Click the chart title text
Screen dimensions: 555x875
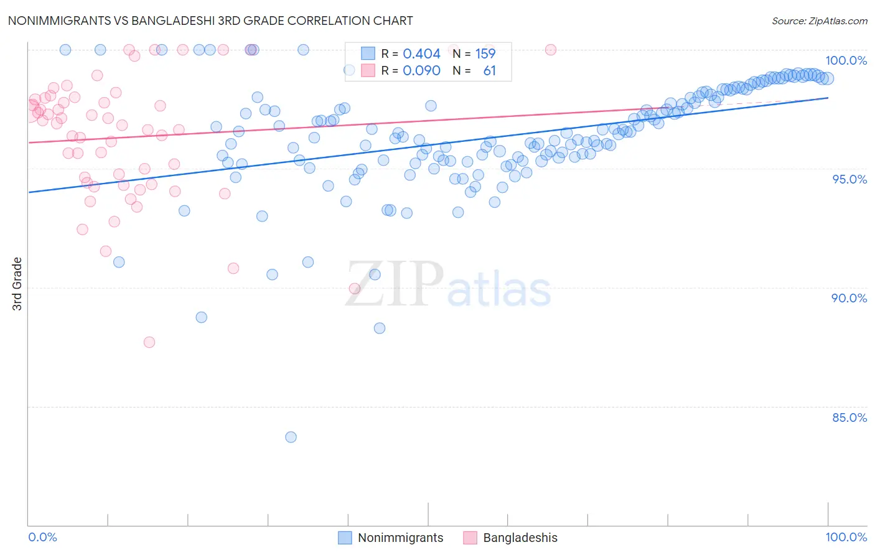(210, 21)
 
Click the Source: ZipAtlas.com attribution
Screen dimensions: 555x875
(819, 21)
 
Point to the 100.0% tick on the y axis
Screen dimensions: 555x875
(846, 60)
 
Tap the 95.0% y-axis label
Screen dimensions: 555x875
(849, 179)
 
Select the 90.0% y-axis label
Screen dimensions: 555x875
(849, 298)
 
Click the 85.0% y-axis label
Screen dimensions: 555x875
(849, 417)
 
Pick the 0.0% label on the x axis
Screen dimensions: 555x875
(42, 537)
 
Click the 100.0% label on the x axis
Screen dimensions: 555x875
(846, 537)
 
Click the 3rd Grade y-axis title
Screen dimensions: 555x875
(17, 284)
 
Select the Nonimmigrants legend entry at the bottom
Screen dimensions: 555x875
(400, 538)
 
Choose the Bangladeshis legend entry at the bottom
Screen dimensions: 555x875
(520, 538)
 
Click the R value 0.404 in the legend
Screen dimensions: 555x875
(421, 54)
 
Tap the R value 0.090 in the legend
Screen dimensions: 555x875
(421, 71)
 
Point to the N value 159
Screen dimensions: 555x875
(485, 54)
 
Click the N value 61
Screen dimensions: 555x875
(489, 71)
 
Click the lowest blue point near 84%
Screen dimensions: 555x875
(291, 437)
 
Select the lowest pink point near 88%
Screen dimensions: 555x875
(149, 342)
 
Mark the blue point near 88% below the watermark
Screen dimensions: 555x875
(380, 329)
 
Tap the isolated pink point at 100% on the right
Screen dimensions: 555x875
(551, 50)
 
